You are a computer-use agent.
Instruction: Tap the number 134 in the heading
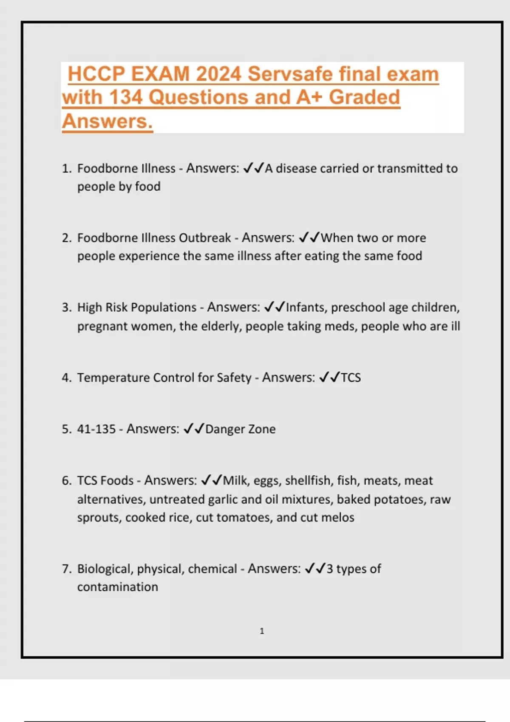tap(125, 97)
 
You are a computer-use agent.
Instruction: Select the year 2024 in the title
tap(218, 74)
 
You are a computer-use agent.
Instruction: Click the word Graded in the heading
tap(364, 97)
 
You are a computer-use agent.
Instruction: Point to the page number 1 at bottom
tap(262, 631)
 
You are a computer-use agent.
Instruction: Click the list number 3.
tap(66, 307)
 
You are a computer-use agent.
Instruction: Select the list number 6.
tap(66, 480)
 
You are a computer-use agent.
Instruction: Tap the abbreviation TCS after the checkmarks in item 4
tap(351, 378)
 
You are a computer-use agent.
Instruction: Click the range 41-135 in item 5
tap(96, 429)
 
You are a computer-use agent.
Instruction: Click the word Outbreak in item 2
tap(204, 238)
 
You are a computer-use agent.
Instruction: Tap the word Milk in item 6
tap(235, 480)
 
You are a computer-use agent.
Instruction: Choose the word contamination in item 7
tap(117, 587)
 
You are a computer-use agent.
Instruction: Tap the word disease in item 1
tap(296, 169)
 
